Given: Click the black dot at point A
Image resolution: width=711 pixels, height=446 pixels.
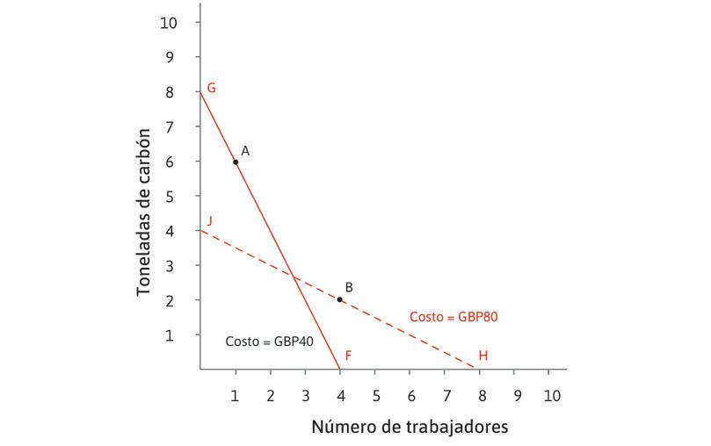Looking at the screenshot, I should point(236,162).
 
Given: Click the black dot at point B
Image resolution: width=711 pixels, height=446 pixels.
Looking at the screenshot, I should point(340,299).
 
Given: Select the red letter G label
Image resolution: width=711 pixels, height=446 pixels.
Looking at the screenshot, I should point(211,88).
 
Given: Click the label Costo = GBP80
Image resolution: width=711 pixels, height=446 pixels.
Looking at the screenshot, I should point(455,316).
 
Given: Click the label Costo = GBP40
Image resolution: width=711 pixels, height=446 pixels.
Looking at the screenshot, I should point(270,342).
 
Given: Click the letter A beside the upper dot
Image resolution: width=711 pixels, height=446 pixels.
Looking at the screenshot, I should point(245,151).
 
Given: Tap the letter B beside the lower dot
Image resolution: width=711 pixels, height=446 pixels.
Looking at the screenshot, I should point(349,287).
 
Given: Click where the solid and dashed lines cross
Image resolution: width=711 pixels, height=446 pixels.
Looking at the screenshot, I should point(294,277).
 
